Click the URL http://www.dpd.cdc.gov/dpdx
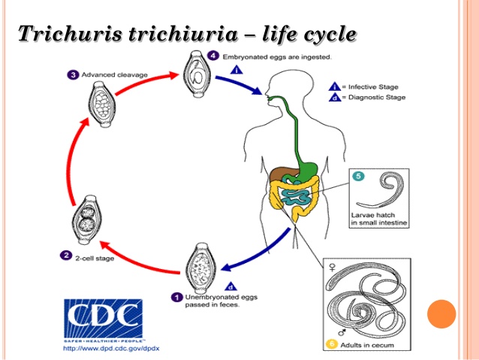pos(111,348)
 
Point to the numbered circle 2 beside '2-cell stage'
pos(66,255)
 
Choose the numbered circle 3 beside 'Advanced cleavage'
pos(73,74)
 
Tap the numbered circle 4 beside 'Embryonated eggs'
pos(214,56)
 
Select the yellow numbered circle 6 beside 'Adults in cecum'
pos(331,345)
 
